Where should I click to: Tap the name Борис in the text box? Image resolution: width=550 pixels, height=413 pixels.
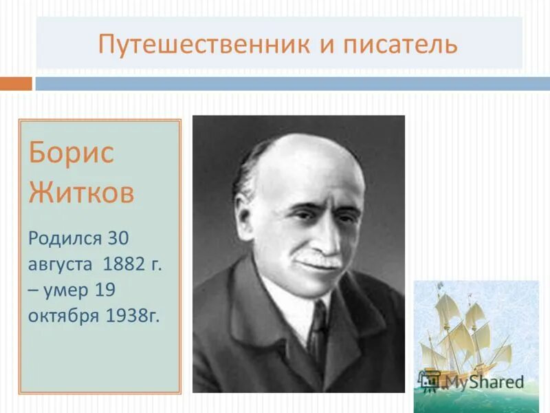pos(71,152)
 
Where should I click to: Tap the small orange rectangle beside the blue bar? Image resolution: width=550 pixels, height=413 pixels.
pos(16,83)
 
